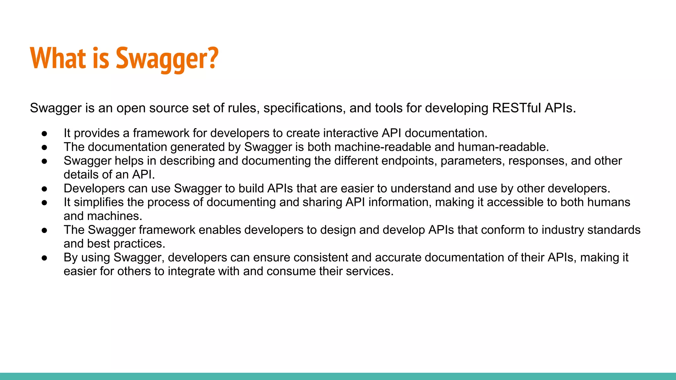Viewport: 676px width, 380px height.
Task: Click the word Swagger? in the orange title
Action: (x=167, y=59)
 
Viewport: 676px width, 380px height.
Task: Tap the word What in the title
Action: (x=58, y=59)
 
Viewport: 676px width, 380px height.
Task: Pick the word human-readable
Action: (x=503, y=147)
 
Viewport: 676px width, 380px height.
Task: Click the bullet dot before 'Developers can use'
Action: (x=45, y=189)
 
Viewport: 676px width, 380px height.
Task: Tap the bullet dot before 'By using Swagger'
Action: (x=45, y=258)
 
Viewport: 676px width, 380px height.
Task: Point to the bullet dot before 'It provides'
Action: (x=45, y=134)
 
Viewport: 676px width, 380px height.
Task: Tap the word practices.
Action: (x=139, y=244)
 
